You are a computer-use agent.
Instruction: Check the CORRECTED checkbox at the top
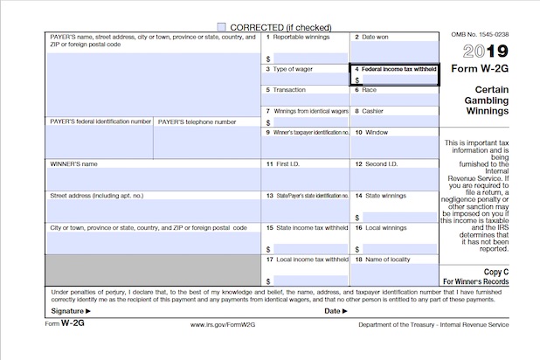pos(221,27)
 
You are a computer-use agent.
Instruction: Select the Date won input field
pos(394,52)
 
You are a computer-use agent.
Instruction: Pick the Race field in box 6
pos(394,100)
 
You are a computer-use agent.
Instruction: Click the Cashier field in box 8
pos(394,121)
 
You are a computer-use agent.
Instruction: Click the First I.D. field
pos(306,179)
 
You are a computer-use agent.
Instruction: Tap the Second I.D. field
pos(394,179)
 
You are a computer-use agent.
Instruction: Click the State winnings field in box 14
pos(398,217)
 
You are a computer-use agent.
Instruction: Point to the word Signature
pos(67,310)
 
